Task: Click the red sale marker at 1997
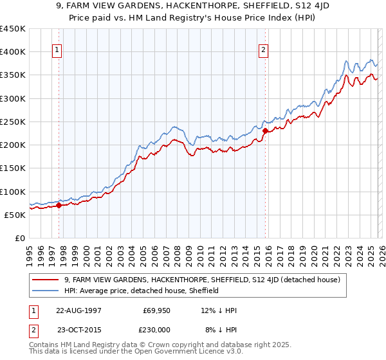(59, 206)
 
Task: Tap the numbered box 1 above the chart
(57, 51)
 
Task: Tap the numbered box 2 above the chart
(264, 51)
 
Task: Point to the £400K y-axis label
(12, 52)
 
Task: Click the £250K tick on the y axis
(12, 122)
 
